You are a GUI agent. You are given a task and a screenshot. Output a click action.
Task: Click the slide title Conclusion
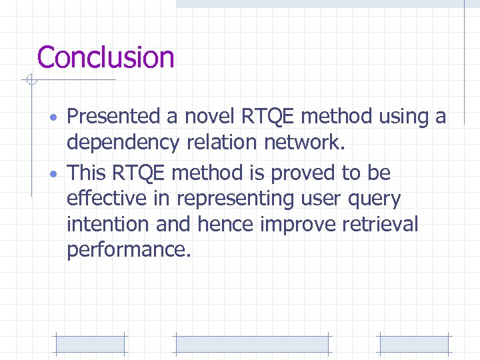coord(105,57)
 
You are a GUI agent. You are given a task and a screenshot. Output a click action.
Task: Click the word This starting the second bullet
coord(87,173)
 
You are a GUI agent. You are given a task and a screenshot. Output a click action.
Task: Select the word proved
coord(301,173)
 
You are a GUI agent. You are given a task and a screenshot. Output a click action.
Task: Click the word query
coord(376,199)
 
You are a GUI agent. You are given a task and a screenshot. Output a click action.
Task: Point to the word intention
coord(108,224)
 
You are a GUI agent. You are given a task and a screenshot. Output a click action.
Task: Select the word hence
coord(225,224)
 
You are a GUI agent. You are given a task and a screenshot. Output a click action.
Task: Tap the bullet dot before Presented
coord(57,119)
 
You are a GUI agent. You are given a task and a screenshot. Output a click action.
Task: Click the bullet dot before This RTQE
coord(57,175)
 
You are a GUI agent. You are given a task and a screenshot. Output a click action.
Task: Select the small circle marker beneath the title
coord(30,81)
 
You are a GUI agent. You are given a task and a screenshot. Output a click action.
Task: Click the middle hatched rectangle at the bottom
coord(252,343)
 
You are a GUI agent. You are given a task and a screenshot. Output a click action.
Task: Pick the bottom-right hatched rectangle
coord(415,343)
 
